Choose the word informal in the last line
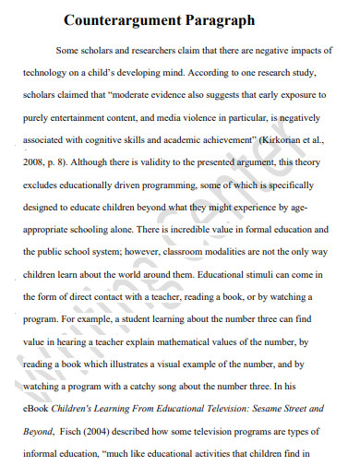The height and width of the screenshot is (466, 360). [x=49, y=464]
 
